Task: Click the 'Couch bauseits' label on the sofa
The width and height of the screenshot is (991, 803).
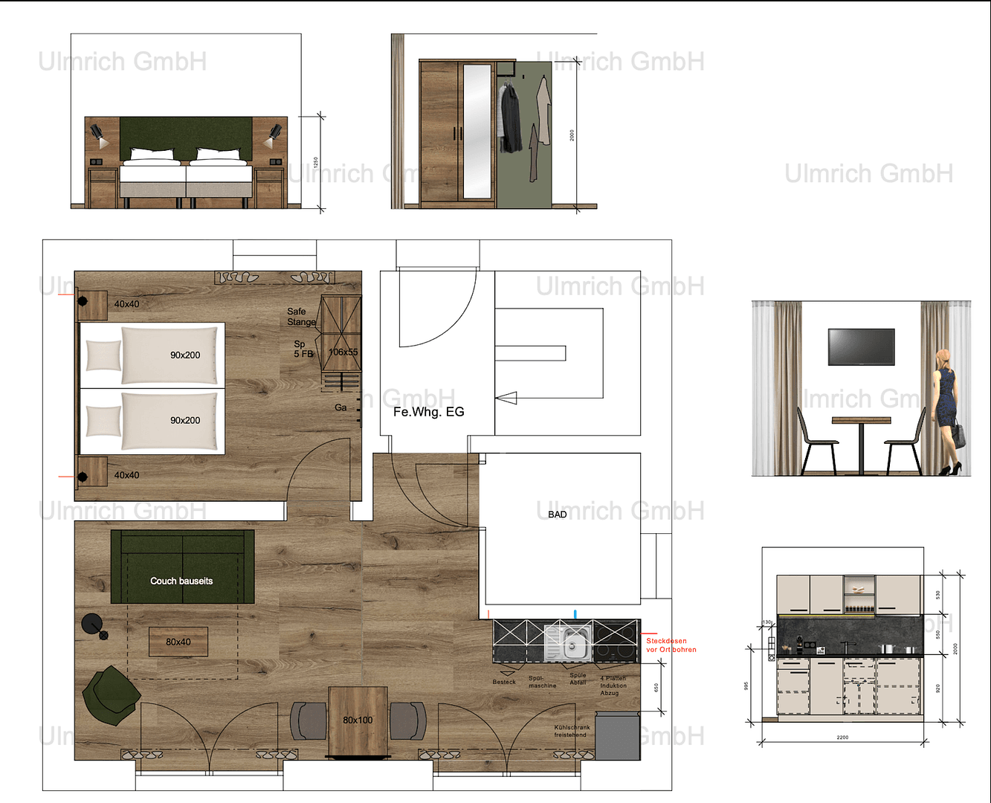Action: [181, 581]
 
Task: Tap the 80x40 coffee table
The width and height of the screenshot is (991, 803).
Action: [178, 642]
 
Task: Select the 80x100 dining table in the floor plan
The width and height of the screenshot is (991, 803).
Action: [358, 720]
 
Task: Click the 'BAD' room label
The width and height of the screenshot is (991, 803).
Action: [558, 515]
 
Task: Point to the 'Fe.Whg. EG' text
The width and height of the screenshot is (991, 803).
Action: [428, 412]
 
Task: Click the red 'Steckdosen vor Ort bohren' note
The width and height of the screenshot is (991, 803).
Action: [671, 645]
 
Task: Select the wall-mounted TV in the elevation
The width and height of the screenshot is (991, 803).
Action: [861, 346]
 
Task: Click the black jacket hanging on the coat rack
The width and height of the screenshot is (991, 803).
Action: [511, 119]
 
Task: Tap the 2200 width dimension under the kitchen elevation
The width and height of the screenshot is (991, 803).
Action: [842, 738]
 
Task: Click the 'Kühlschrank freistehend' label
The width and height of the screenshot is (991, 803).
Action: [572, 732]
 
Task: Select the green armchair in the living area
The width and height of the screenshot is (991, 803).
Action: [110, 695]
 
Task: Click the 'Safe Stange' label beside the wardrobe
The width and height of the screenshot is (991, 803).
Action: [300, 317]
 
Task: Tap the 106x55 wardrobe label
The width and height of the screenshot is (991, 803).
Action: [343, 352]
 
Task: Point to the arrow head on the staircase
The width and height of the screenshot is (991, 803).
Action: [506, 399]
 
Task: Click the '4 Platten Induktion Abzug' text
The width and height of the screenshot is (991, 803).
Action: [613, 686]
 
